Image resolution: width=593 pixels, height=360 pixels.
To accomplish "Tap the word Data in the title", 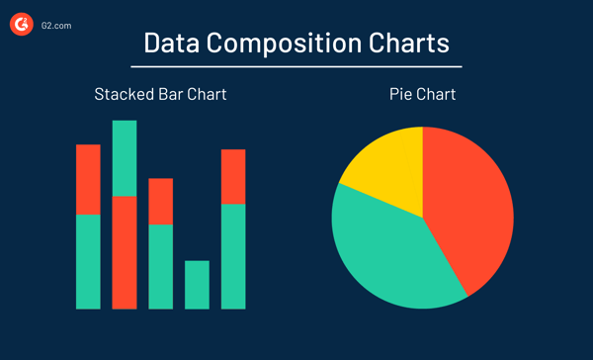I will pos(173,44).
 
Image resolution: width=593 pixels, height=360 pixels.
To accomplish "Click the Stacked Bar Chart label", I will pos(160,95).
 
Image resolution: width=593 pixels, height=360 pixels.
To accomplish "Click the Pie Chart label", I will pos(422,95).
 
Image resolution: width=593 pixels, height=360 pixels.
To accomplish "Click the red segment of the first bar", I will pos(89,179).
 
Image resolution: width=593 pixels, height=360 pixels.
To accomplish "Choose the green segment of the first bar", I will pos(89,261).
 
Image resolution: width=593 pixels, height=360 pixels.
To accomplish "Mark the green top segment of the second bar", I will pos(125,158).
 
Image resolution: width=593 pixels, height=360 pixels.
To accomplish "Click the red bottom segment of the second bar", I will pos(125,252).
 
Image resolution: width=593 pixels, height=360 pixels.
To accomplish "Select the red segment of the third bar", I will pos(160,202).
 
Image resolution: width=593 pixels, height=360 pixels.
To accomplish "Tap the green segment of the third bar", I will pos(160,266).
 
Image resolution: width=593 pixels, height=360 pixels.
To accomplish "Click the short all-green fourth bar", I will pos(197,285).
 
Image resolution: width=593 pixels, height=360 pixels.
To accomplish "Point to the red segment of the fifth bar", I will pos(233,176).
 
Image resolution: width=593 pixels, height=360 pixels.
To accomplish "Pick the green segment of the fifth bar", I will pos(233,256).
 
